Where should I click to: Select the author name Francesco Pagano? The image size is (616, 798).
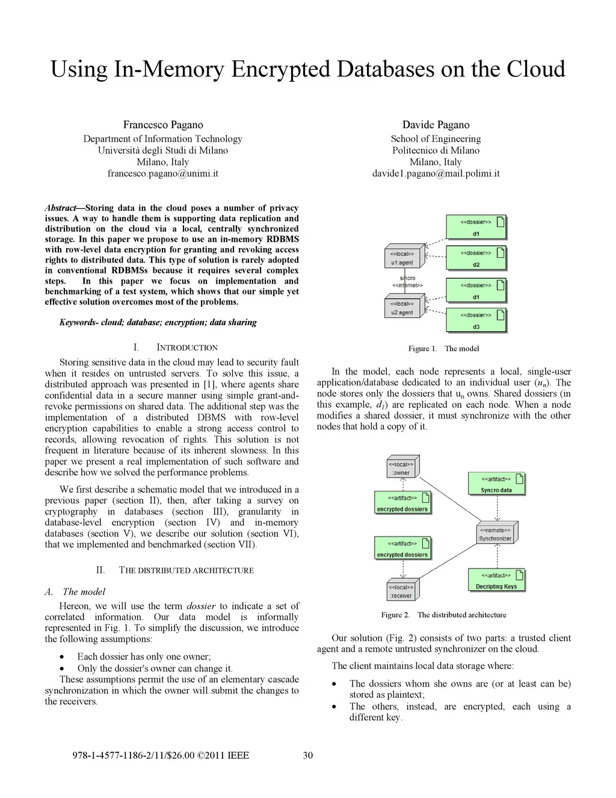pyautogui.click(x=163, y=125)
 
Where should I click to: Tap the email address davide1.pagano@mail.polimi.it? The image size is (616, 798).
pyautogui.click(x=436, y=173)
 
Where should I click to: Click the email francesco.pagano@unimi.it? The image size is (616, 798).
pyautogui.click(x=162, y=173)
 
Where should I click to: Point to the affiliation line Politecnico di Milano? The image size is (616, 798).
pyautogui.click(x=436, y=150)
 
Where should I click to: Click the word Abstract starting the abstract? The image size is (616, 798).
pyautogui.click(x=60, y=208)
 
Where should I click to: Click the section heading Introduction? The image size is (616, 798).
pyautogui.click(x=186, y=348)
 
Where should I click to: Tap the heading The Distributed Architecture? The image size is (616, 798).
pyautogui.click(x=186, y=570)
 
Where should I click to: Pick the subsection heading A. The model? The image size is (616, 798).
pyautogui.click(x=75, y=592)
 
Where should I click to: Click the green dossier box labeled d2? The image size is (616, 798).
pyautogui.click(x=476, y=258)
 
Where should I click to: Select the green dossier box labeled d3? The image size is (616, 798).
pyautogui.click(x=476, y=320)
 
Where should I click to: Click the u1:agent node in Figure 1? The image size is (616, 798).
pyautogui.click(x=402, y=258)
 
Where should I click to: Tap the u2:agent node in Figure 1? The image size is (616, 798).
pyautogui.click(x=402, y=308)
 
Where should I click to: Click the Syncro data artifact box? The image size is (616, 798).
pyautogui.click(x=496, y=484)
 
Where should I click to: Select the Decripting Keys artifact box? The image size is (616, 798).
pyautogui.click(x=496, y=581)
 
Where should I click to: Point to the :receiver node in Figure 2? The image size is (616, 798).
pyautogui.click(x=401, y=591)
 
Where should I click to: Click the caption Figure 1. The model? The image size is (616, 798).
pyautogui.click(x=443, y=349)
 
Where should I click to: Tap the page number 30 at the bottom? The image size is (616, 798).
pyautogui.click(x=307, y=755)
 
